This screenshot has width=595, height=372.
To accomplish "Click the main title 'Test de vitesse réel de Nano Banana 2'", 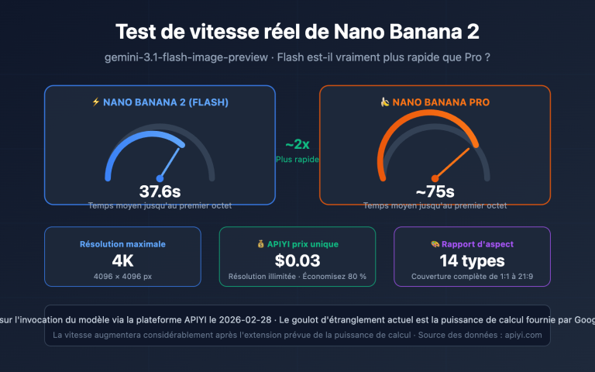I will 297,32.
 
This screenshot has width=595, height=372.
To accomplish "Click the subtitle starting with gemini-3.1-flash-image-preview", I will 297,58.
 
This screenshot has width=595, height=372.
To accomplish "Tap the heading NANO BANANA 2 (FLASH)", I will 165,102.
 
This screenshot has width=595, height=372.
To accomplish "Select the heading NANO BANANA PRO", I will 441,102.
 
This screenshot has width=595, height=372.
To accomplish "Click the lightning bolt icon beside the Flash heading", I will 96,102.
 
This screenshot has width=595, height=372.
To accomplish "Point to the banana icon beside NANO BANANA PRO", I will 384,102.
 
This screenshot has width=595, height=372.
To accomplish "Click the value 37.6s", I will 160,191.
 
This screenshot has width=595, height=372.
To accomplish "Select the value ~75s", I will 435,191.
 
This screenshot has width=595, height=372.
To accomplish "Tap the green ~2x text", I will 297,145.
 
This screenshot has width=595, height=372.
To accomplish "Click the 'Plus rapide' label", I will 297,159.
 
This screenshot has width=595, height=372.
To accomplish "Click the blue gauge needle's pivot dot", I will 160,177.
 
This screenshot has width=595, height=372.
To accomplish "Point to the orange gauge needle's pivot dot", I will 435,177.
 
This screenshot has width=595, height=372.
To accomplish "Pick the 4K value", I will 122,260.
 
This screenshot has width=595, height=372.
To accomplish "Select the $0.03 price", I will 297,260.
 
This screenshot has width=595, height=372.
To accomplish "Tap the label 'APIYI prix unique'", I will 302,244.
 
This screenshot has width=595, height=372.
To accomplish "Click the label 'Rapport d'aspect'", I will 477,244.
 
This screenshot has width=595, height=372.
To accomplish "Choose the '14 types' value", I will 472,260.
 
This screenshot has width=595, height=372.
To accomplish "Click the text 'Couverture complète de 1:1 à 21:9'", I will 472,277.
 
